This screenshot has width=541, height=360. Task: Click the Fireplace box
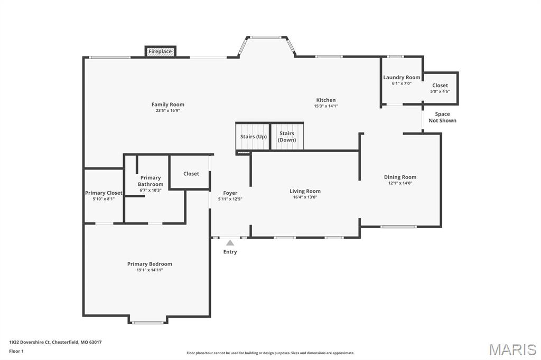coord(161,51)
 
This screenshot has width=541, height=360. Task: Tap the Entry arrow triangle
coord(230,243)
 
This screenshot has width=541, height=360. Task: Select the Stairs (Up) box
coord(253,136)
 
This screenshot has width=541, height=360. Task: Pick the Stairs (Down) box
coord(287,136)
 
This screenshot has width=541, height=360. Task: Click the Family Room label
coord(168,105)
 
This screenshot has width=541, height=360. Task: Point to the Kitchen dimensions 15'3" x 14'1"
coord(325,106)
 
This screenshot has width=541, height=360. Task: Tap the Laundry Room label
coord(402,78)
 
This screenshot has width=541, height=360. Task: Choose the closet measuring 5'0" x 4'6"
coord(441,88)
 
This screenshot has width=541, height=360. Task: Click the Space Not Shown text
coord(442,117)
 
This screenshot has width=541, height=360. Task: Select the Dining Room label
coord(400,177)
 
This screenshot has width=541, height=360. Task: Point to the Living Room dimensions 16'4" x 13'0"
coord(305,197)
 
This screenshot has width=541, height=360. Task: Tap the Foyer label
coord(230,193)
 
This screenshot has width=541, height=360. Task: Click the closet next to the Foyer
coord(190,172)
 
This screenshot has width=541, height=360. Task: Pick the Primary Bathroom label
coord(151,181)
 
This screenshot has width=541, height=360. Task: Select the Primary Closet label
coord(104,193)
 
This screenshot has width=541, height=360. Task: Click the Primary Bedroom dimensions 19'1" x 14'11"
coord(150,270)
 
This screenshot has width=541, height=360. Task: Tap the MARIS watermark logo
coord(512,349)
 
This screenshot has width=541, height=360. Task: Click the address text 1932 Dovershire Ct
coord(30,343)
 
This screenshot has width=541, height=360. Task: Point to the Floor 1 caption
coord(16,352)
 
